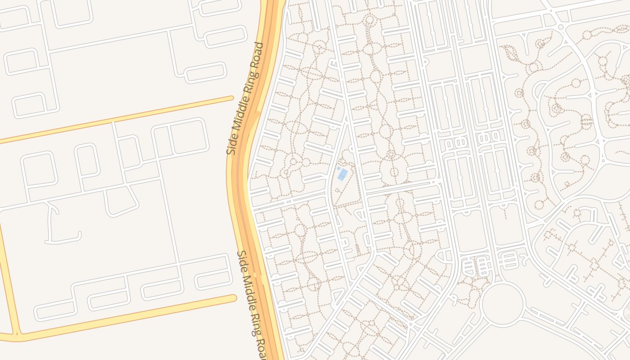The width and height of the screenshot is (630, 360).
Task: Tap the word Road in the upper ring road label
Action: click(258, 53)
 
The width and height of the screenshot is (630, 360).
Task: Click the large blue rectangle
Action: click(342, 174)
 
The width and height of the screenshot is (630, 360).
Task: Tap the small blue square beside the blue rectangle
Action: click(338, 168)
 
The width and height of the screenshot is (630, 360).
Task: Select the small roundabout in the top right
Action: click(561, 27)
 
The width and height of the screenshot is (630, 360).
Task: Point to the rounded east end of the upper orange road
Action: click(231, 98)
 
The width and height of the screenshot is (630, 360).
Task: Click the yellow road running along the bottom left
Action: click(126, 318)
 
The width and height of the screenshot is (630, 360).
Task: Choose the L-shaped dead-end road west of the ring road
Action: click(58, 225)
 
